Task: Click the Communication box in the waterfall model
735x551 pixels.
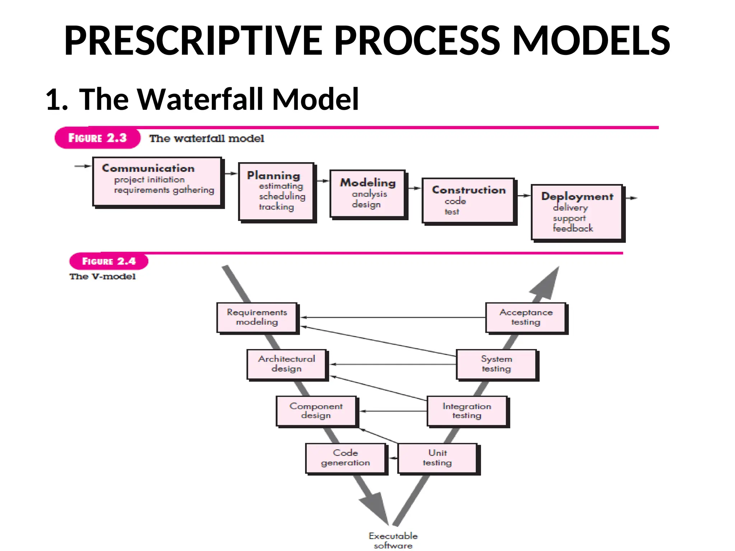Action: click(157, 182)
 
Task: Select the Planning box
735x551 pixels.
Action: click(276, 192)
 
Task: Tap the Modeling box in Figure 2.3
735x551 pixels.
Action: click(367, 194)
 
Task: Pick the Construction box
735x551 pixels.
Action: click(468, 200)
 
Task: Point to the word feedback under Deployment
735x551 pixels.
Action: click(573, 229)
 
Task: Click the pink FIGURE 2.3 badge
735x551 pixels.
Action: click(97, 138)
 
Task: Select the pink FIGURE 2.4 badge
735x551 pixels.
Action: click(109, 261)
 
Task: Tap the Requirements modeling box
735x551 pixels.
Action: click(257, 317)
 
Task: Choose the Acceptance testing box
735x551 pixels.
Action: click(526, 317)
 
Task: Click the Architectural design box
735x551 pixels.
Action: click(286, 364)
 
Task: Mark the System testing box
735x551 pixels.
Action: click(496, 364)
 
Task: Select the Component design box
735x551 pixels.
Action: click(316, 411)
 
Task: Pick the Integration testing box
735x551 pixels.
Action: click(467, 411)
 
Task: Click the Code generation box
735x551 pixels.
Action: click(345, 458)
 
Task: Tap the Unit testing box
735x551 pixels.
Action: click(437, 458)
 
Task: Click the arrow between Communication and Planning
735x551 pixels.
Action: click(231, 174)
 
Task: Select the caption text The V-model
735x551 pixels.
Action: click(103, 277)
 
